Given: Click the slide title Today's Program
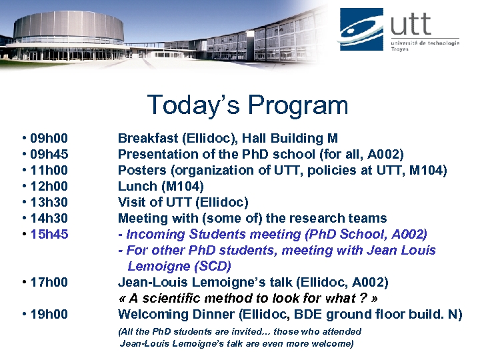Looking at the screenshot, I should tap(247, 105).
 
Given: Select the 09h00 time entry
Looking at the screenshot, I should tap(49, 139).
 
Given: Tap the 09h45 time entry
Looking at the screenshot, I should tap(49, 155).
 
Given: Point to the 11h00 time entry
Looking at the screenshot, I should tap(49, 171).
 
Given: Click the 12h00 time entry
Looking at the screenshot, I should tap(49, 187).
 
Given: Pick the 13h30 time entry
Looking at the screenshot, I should tap(49, 203).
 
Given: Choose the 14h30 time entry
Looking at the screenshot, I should tap(49, 219).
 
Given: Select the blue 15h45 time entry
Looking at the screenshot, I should tap(49, 235).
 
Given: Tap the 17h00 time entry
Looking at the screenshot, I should tap(49, 283).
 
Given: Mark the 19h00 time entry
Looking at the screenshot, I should tap(49, 315).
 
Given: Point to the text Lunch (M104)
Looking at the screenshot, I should tap(161, 187).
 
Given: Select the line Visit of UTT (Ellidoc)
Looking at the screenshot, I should tap(183, 203).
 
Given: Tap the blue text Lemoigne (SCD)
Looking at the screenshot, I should tap(179, 267).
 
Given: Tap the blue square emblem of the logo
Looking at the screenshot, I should tap(361, 30).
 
